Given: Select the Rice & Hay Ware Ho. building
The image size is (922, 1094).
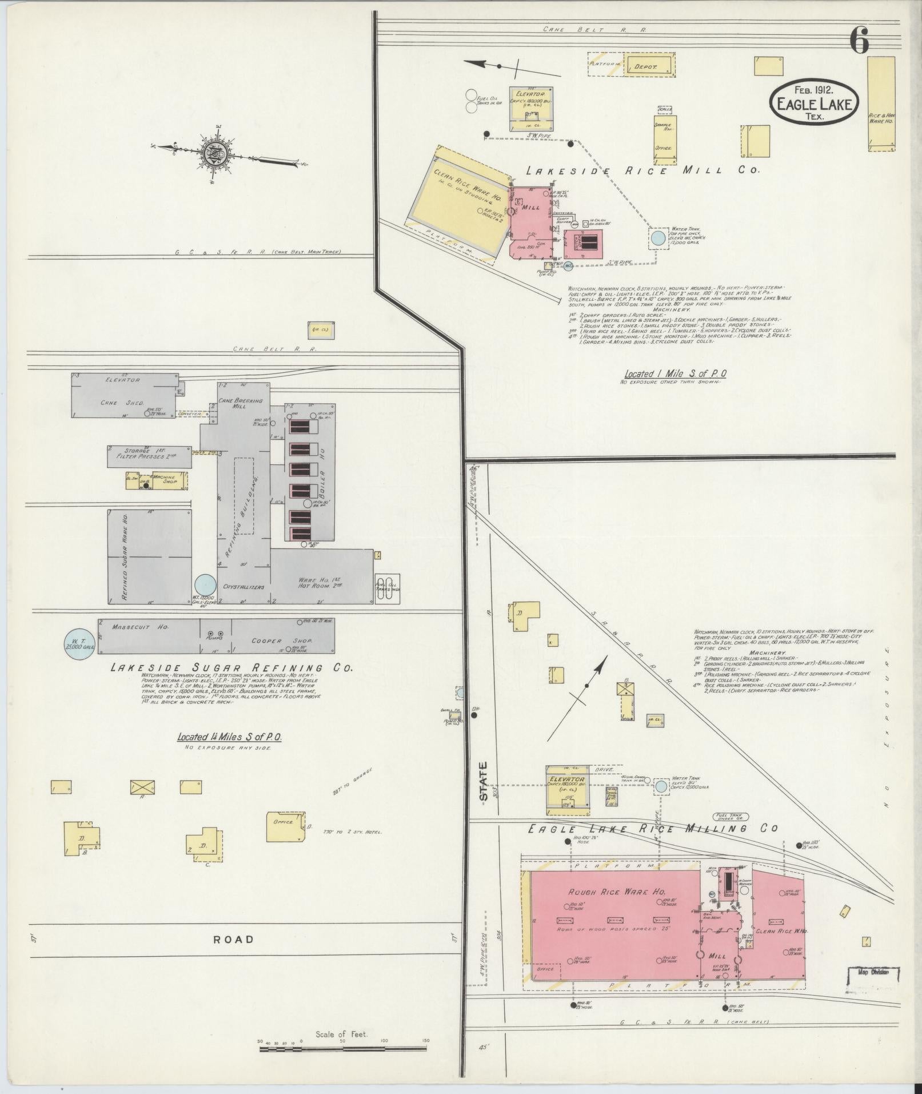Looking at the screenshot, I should (881, 103).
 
